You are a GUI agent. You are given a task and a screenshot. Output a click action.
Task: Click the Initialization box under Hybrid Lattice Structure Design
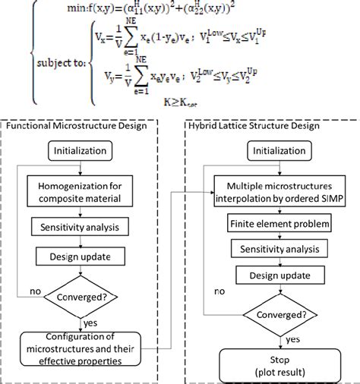click(x=268, y=152)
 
